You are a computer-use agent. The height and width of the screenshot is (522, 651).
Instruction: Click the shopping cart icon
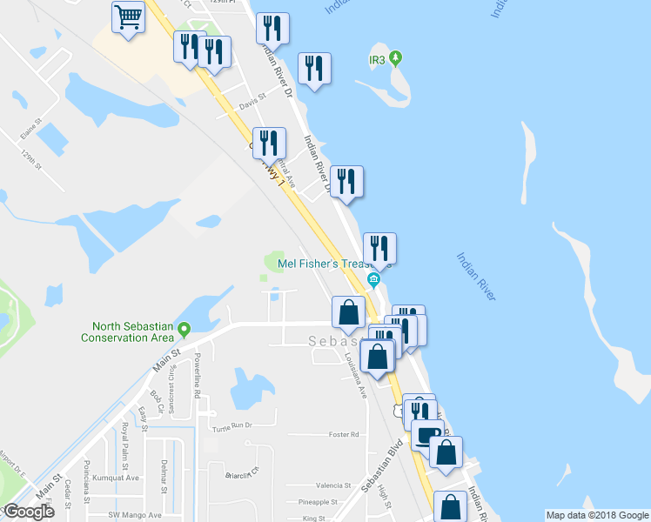[x=128, y=17]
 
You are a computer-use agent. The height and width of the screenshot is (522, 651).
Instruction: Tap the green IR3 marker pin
[x=396, y=59]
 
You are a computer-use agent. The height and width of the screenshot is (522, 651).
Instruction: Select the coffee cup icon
[x=427, y=434]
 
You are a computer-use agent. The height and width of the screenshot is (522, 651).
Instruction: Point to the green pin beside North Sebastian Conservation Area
[x=185, y=328]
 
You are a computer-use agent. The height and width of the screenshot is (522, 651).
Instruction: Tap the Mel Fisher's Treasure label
[x=325, y=264]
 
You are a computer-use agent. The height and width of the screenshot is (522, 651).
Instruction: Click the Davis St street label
[x=251, y=103]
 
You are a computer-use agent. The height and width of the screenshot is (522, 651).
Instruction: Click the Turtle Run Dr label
[x=231, y=425]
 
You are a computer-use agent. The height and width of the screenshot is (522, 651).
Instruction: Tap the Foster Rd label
[x=344, y=435]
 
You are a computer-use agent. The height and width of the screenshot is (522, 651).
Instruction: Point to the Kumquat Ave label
[x=120, y=478]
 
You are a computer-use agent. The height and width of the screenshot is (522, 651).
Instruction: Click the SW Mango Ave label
[x=127, y=518]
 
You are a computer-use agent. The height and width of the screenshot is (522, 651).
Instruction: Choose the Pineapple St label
[x=317, y=502]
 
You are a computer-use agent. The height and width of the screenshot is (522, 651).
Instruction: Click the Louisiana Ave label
[x=354, y=375]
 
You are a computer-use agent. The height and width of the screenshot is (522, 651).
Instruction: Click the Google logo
[x=29, y=512]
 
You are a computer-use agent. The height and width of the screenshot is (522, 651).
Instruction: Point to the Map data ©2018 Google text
[x=597, y=515]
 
